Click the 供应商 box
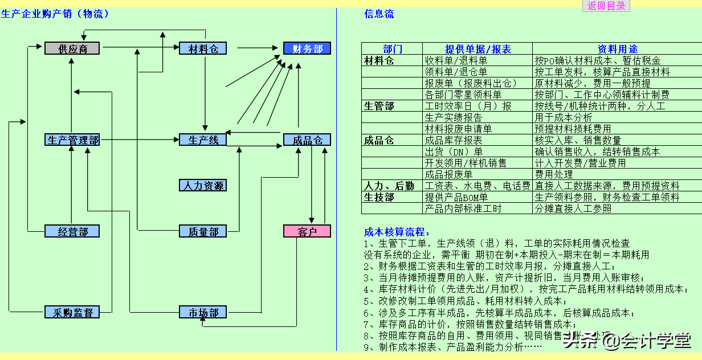72,48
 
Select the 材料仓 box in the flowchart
203,48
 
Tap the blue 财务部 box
307,48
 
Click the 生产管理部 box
72,140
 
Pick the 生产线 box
203,140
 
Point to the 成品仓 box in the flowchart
307,140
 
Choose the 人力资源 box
203,185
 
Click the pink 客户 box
307,231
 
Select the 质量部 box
203,231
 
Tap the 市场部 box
203,312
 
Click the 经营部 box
72,231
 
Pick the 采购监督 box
72,312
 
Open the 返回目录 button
606,6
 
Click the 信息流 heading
379,14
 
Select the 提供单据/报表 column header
477,49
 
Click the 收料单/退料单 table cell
456,60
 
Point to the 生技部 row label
379,197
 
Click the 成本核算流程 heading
398,232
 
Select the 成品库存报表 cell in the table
454,140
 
